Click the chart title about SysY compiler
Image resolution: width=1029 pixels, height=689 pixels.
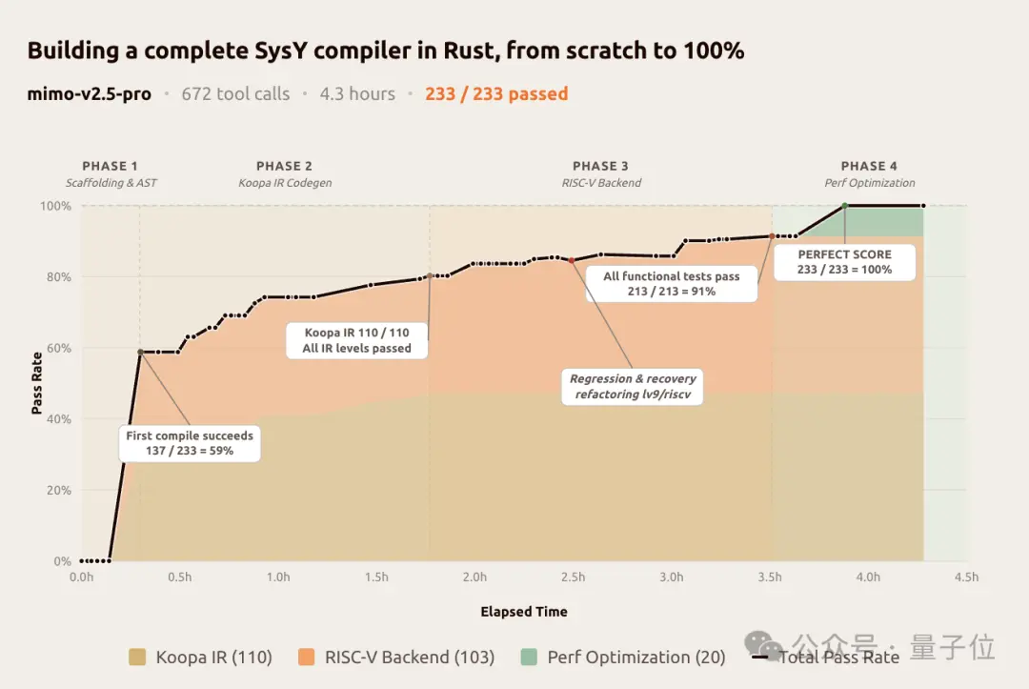point(385,51)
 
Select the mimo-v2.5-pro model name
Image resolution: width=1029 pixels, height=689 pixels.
point(89,94)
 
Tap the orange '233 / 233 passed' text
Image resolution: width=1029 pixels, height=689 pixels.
point(496,94)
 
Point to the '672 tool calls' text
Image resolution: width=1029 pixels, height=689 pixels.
point(235,94)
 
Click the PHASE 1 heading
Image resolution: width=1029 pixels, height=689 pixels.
point(111,167)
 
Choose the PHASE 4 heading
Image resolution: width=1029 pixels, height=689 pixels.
point(869,167)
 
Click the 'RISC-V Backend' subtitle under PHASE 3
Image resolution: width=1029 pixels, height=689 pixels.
point(600,183)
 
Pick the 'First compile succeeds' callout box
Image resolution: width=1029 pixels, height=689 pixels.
point(190,443)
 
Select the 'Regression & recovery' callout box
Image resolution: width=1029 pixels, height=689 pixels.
point(633,386)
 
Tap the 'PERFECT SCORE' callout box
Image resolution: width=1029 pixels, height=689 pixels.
point(845,262)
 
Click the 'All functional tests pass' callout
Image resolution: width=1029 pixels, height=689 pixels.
point(672,283)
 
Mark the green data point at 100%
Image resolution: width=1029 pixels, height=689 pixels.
point(845,206)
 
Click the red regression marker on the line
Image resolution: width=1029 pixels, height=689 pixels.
point(571,260)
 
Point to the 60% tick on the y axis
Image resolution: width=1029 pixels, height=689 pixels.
point(59,349)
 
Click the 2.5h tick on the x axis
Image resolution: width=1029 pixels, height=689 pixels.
point(574,578)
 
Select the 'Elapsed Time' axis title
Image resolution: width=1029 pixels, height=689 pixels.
point(523,612)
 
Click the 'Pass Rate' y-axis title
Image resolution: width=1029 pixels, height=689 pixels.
point(37,383)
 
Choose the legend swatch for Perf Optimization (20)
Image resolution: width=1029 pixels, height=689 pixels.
point(531,657)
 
